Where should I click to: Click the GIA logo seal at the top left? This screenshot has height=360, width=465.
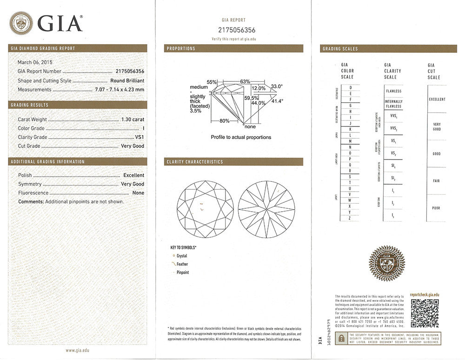[21, 23]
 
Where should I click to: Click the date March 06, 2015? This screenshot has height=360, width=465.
[35, 62]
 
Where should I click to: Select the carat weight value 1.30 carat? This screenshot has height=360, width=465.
[133, 120]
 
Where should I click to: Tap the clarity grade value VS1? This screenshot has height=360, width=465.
[139, 137]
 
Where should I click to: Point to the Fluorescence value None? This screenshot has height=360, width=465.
[138, 193]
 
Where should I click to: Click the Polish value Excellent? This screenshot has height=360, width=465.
[133, 175]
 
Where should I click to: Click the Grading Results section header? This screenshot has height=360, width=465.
[30, 105]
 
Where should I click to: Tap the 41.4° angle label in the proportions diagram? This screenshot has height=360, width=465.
[277, 100]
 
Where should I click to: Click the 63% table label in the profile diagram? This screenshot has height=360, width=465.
[245, 81]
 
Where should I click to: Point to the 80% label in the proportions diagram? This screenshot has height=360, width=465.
[224, 121]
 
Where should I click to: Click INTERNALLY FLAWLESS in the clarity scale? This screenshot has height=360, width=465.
[393, 104]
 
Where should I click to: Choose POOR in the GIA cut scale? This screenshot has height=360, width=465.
[436, 208]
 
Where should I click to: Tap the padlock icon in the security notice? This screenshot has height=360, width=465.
[342, 339]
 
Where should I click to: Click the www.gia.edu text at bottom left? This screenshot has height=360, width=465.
[77, 350]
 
